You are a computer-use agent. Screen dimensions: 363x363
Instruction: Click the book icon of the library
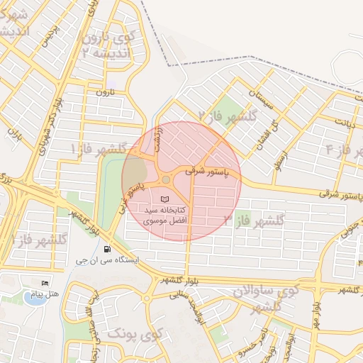[165, 200]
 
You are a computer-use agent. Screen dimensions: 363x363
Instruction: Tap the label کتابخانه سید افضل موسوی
[165, 216]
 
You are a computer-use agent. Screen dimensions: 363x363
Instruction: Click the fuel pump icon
[106, 249]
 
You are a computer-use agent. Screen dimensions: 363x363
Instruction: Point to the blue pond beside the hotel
[33, 297]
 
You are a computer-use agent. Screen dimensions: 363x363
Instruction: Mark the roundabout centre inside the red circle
[166, 180]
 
